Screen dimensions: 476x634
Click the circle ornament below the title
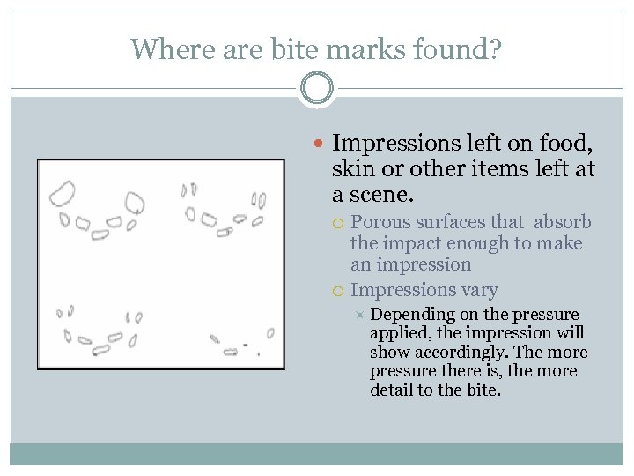pyautogui.click(x=316, y=89)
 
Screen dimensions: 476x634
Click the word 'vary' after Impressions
pyautogui.click(x=481, y=289)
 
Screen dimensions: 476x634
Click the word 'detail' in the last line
pyautogui.click(x=394, y=389)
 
